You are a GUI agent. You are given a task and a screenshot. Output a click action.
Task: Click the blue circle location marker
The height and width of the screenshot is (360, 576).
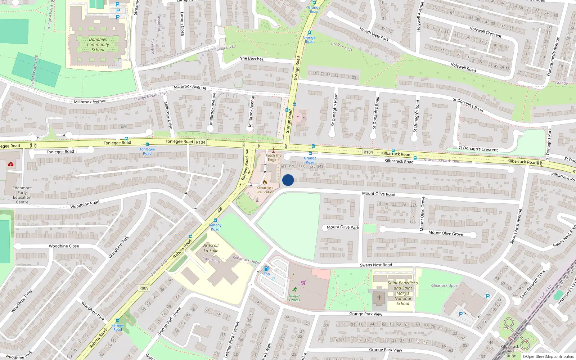288,180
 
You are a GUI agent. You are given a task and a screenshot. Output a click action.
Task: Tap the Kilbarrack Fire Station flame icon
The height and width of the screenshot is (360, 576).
265,182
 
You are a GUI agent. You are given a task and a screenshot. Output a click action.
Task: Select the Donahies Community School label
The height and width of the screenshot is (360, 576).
98,45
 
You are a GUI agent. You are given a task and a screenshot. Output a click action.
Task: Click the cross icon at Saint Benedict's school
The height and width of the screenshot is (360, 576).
379,298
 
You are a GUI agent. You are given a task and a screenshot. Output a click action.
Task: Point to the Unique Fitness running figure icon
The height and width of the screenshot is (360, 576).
295,289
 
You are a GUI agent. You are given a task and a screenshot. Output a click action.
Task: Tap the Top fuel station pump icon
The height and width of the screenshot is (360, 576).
266,269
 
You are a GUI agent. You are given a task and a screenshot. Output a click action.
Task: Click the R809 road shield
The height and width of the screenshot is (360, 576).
144,288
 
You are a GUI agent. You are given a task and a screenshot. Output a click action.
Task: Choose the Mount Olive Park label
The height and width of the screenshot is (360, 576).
343,227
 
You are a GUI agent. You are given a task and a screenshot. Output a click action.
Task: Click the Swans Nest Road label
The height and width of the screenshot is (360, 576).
376,265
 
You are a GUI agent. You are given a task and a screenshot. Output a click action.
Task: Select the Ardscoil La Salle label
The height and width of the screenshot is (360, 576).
211,248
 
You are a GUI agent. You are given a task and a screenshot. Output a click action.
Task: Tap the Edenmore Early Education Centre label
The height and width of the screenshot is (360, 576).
22,195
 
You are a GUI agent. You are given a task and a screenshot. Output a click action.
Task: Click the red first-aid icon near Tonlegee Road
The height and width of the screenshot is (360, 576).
11,164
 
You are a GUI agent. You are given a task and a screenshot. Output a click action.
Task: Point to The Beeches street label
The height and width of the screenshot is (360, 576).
252,58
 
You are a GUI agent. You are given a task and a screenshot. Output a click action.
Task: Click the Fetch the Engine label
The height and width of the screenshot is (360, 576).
274,157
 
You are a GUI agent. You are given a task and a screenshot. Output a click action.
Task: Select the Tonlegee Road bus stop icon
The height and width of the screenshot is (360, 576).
147,144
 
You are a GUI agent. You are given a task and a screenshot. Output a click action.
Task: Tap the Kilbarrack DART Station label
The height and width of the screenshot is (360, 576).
510,351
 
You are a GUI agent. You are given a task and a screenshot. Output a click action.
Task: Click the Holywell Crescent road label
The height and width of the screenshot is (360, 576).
485,32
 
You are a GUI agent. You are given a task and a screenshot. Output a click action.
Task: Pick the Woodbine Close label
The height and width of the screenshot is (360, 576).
64,246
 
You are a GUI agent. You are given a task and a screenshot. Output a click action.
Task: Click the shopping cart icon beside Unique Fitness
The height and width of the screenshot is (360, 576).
303,283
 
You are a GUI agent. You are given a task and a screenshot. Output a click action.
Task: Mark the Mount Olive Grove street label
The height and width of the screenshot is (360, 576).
446,233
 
